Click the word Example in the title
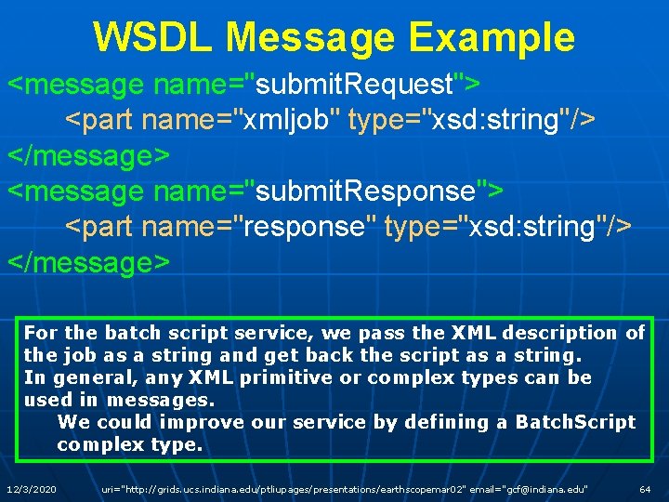click(x=495, y=37)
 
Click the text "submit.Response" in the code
click(x=365, y=192)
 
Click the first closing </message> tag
click(x=89, y=156)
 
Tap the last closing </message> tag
click(x=89, y=262)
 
